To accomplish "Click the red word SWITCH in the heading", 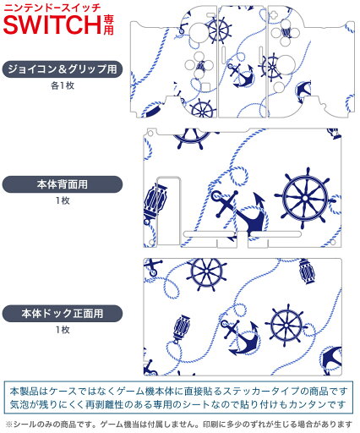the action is point(52,25).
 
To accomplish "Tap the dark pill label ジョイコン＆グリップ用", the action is point(63,69).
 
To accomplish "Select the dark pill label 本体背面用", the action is point(63,184).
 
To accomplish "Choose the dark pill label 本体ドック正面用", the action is point(63,314).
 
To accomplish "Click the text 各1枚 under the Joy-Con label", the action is point(63,85).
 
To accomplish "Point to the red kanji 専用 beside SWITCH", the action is point(108,25).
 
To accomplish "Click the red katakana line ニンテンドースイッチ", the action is point(52,8).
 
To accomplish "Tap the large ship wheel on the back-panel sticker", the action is point(305,199).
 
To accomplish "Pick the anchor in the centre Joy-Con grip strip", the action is point(241,74).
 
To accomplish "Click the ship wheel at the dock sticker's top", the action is point(206,273).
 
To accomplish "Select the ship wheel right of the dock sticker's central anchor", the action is point(286,326).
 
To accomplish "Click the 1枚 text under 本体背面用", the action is point(63,200).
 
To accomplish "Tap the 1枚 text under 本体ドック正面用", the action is point(63,330).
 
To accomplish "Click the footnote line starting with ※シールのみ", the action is point(179,425).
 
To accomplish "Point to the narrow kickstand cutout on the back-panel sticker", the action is point(168,211).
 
